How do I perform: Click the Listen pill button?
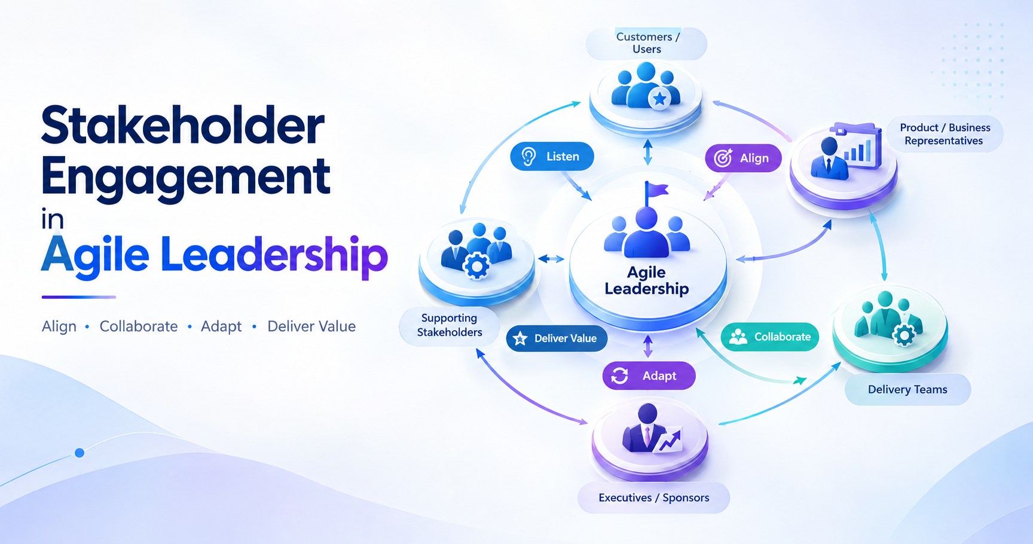[552, 157]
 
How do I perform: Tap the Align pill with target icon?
[743, 158]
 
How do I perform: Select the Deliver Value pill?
[557, 338]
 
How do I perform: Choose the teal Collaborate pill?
[770, 337]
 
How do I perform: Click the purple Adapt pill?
[649, 376]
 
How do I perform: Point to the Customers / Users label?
[647, 43]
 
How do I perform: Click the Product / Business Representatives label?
[945, 134]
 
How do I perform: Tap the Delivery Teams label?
[907, 390]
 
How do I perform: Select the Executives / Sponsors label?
[654, 498]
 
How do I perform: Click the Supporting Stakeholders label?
[450, 325]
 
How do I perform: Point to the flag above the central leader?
[655, 193]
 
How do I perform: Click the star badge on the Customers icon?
[659, 99]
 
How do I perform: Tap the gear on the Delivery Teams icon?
[904, 335]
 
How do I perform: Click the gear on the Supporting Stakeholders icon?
[476, 267]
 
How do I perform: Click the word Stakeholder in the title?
[183, 126]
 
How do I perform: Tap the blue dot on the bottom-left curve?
[80, 453]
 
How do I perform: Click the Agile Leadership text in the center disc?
[647, 281]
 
